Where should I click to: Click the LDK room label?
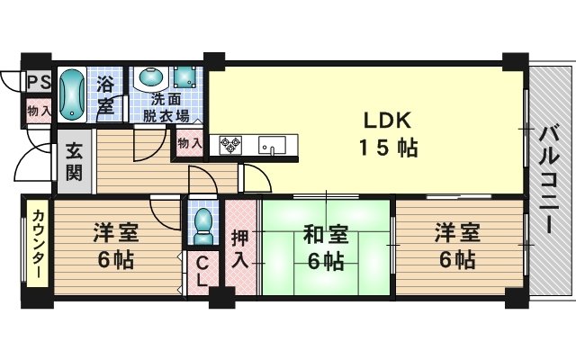[x=387, y=121]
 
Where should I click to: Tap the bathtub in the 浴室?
[x=72, y=94]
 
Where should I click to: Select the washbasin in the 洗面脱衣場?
[x=151, y=77]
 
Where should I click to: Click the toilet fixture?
[x=202, y=226]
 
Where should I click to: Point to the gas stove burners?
[x=230, y=145]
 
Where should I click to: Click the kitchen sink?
[x=272, y=146]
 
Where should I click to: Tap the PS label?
[x=40, y=82]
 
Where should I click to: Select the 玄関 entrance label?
[x=74, y=162]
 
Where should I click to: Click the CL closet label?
[x=202, y=273]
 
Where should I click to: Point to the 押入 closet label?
[x=240, y=250]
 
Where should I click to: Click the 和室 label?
[x=326, y=236]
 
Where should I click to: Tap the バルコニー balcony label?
[x=549, y=180]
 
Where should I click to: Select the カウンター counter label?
[x=38, y=244]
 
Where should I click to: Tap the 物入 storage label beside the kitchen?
[x=190, y=143]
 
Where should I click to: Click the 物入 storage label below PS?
[x=39, y=111]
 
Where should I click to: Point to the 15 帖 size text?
[x=388, y=148]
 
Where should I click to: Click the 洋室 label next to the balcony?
[x=457, y=233]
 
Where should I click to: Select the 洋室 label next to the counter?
[x=116, y=233]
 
